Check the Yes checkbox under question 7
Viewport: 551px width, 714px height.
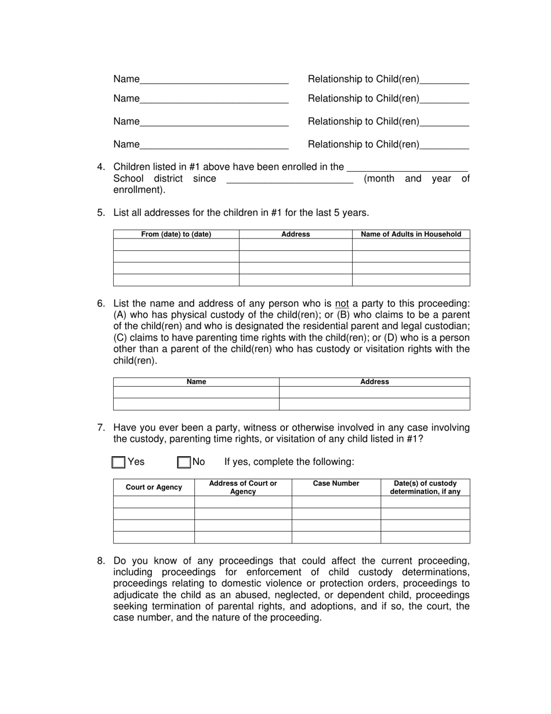(118, 462)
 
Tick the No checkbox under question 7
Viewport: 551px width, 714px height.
(184, 462)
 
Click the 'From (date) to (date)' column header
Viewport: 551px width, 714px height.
(176, 235)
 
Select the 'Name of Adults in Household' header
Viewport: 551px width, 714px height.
(411, 235)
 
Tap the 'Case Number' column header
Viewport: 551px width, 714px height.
(336, 484)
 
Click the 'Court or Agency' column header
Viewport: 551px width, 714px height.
(154, 488)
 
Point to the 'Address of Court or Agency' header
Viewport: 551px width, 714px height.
(242, 488)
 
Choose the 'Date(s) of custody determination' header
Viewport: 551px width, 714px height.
(425, 488)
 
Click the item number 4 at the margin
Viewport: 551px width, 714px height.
(101, 167)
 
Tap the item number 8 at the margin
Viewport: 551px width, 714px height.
(101, 561)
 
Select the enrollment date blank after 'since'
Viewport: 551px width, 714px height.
(289, 179)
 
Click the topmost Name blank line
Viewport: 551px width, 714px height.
(214, 80)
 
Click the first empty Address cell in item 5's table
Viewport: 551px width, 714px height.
(295, 245)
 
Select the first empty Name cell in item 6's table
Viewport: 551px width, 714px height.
(196, 392)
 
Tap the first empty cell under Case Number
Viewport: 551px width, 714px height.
(336, 502)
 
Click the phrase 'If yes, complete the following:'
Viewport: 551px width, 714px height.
(289, 462)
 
